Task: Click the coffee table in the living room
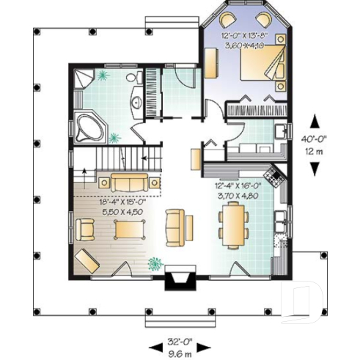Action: pos(130,230)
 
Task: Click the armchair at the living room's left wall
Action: pos(87,229)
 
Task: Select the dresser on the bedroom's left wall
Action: pos(211,63)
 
